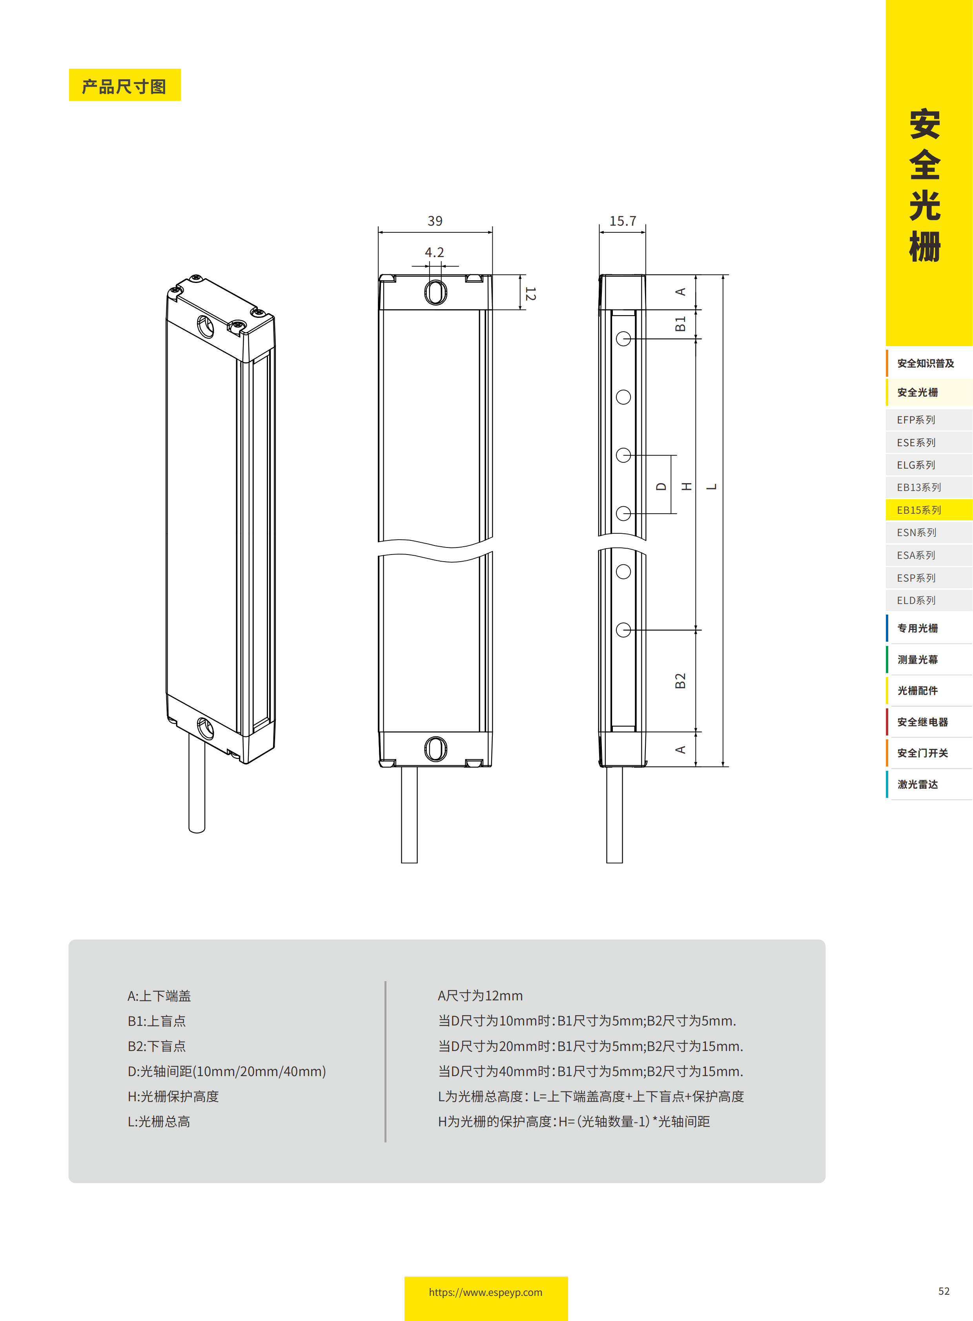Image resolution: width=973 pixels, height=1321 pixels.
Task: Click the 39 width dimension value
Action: (435, 221)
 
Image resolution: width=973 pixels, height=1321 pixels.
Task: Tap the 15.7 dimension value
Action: (623, 221)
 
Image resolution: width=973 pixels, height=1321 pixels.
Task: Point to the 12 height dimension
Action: (530, 294)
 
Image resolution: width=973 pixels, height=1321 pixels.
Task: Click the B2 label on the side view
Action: (680, 681)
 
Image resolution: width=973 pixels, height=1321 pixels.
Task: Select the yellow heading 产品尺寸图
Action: (124, 86)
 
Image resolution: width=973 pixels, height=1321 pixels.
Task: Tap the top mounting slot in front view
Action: (435, 292)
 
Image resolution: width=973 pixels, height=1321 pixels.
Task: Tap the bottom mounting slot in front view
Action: (435, 749)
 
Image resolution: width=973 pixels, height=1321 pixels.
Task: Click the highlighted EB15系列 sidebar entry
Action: (919, 510)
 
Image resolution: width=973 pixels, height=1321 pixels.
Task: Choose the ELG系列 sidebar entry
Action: (916, 465)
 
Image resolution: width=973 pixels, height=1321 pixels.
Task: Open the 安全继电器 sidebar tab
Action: (922, 722)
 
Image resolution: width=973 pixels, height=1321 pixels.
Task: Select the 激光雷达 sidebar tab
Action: (918, 784)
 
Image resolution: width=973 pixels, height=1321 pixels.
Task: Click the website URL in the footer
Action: (485, 1292)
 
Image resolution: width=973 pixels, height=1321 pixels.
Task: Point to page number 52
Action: (944, 1291)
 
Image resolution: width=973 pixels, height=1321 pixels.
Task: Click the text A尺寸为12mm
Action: (480, 996)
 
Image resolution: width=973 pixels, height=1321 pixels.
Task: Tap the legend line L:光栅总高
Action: (159, 1121)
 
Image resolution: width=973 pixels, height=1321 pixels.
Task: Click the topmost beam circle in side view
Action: (623, 339)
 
